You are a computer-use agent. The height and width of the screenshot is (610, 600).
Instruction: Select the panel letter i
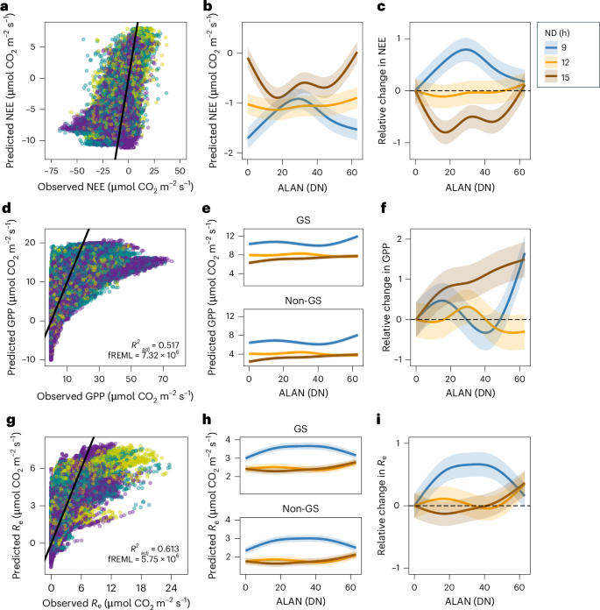(x=399, y=411)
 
